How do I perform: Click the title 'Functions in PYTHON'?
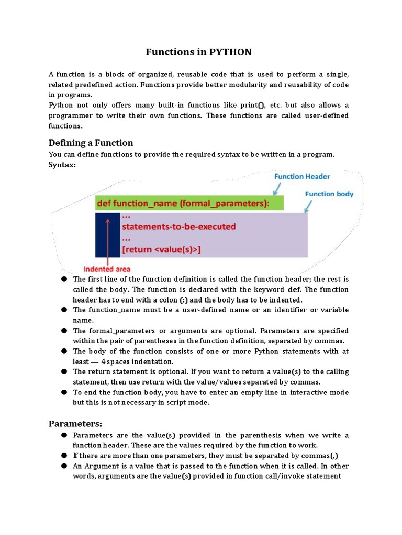click(198, 52)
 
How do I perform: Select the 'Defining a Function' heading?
click(91, 143)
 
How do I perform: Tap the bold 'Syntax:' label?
click(62, 165)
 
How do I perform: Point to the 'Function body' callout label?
click(329, 194)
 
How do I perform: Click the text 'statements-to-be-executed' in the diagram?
click(178, 227)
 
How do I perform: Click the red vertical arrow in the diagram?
click(108, 240)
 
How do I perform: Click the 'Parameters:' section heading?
click(75, 423)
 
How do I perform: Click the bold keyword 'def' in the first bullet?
click(294, 289)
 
